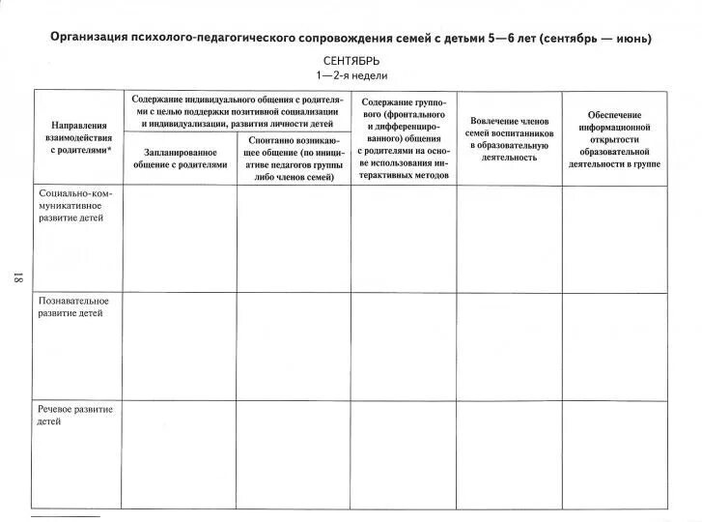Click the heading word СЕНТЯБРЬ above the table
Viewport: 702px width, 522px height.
pyautogui.click(x=351, y=61)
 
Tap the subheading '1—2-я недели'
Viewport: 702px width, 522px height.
pyautogui.click(x=351, y=75)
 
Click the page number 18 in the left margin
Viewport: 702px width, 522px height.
pyautogui.click(x=16, y=278)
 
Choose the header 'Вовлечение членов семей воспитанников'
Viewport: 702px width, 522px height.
pyautogui.click(x=509, y=138)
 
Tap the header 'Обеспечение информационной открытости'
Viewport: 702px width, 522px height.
pyautogui.click(x=614, y=139)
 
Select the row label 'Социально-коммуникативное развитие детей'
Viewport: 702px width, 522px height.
pyautogui.click(x=77, y=205)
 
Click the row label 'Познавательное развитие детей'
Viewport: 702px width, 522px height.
pyautogui.click(x=73, y=307)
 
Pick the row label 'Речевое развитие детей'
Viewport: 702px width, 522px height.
pyautogui.click(x=75, y=416)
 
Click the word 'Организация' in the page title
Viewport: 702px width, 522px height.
pyautogui.click(x=90, y=39)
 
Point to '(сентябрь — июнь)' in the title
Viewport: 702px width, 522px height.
pyautogui.click(x=596, y=39)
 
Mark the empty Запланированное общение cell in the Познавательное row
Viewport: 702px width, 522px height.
pyautogui.click(x=179, y=346)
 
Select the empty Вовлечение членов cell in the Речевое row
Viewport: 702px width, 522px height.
pyautogui.click(x=509, y=454)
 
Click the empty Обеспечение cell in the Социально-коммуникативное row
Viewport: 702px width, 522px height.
pyautogui.click(x=614, y=239)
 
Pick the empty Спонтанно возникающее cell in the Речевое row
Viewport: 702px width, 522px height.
pyautogui.click(x=294, y=454)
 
